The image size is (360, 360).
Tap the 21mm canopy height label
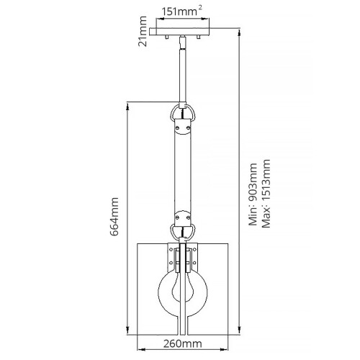(143, 32)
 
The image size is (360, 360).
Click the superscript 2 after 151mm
(199, 7)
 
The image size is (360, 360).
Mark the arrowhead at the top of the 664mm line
(128, 102)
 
